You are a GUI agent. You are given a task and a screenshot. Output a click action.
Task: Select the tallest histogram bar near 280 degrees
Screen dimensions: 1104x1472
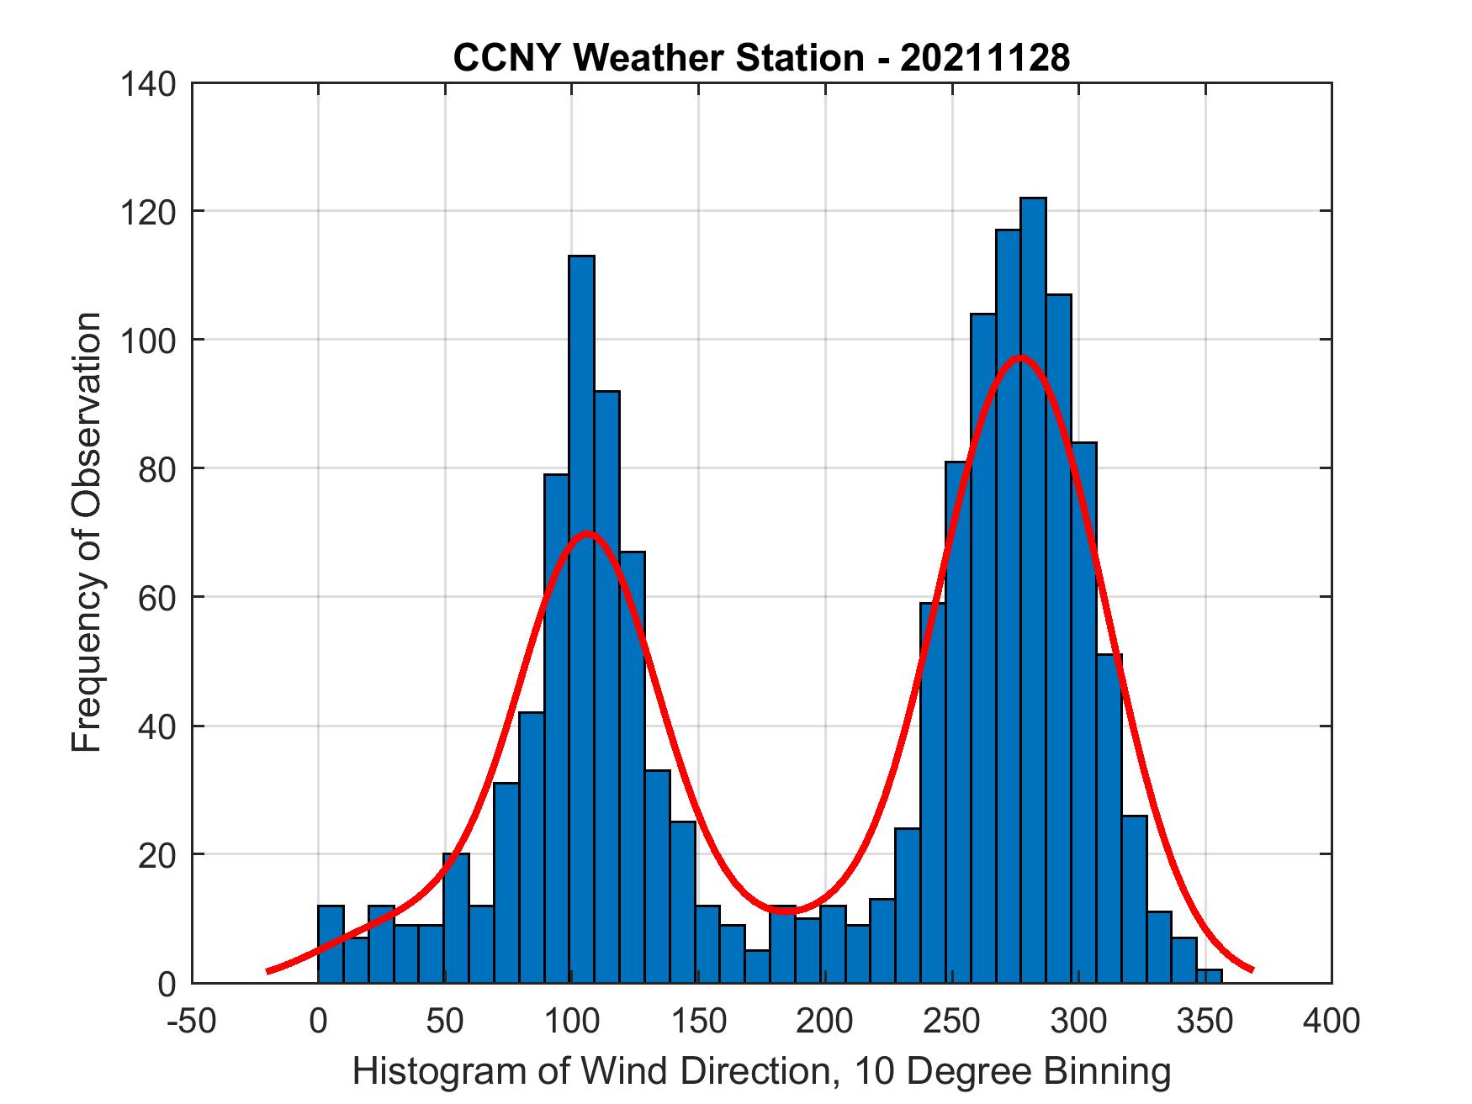tap(1033, 589)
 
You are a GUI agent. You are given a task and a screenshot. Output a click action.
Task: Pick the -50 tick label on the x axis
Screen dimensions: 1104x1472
tap(192, 1022)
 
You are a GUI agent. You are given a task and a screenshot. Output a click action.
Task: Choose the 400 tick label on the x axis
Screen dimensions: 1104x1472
tap(1332, 1022)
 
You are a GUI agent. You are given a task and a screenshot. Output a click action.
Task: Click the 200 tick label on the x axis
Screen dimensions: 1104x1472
tap(825, 1022)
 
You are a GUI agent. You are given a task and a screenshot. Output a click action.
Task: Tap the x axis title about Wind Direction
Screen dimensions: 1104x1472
tap(761, 1071)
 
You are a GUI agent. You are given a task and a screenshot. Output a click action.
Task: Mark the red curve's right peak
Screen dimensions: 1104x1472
tap(1020, 357)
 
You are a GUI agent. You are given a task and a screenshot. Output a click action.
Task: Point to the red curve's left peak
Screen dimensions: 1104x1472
tap(587, 533)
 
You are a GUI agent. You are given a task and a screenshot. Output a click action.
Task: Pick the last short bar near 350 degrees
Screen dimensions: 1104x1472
tap(1209, 976)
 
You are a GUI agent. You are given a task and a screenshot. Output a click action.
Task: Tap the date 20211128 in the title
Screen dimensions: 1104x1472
tap(985, 59)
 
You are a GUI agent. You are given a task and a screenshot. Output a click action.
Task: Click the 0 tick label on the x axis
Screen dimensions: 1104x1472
tap(318, 1022)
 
